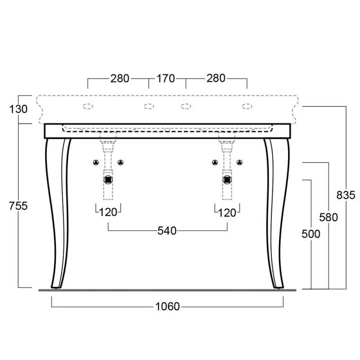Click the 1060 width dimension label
pos(167,306)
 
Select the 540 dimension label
pos(167,231)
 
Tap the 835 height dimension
pos(346,195)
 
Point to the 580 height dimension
pos(328,217)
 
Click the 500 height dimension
pos(310,234)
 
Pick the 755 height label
pos(18,206)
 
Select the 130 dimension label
pos(18,109)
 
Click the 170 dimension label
pos(166,78)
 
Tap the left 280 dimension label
pos(120,78)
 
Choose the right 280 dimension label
pos(216,78)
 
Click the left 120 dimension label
pos(108,212)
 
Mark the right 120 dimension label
pos(227,213)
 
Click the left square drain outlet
pos(108,180)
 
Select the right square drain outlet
pos(227,180)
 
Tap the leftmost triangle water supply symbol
pos(96,162)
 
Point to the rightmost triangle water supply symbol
pos(239,162)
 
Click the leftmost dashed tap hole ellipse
pos(88,106)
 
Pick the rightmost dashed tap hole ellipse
pos(247,106)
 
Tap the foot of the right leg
pos(279,287)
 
